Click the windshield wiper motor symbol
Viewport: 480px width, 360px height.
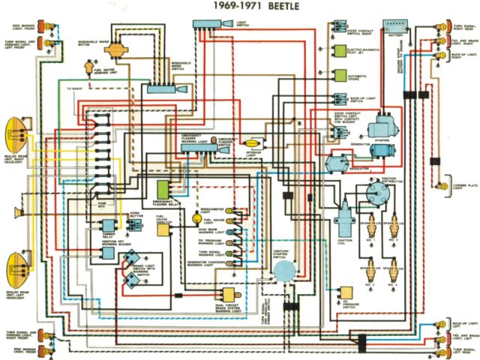tap(115, 49)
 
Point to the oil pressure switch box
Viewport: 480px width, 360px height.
tap(346, 292)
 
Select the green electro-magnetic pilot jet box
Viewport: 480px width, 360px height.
tap(340, 52)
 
